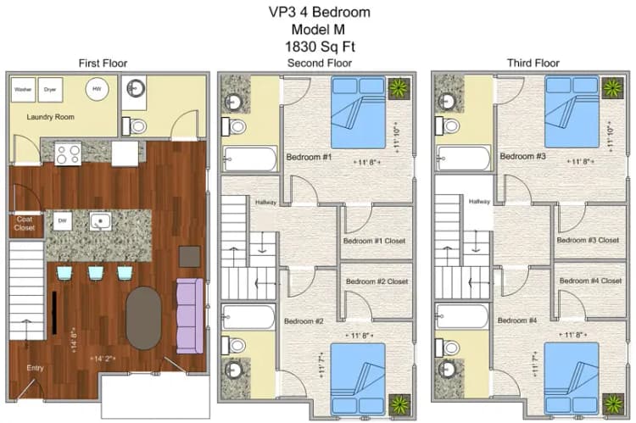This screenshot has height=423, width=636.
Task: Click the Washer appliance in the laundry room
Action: point(23,89)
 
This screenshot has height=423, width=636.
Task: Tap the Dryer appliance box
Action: point(50,89)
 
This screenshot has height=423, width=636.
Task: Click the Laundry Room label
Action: point(47,118)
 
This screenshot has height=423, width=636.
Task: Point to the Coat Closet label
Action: point(25,224)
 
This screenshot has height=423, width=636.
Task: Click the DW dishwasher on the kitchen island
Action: point(62,221)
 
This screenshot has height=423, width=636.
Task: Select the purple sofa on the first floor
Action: point(189,316)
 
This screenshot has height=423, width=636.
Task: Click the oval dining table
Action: point(143,318)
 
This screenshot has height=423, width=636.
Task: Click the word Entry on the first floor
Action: point(35,368)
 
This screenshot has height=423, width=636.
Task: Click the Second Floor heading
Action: point(320,64)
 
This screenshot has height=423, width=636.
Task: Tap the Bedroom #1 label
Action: point(308,158)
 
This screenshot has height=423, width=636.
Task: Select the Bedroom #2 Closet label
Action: point(376,281)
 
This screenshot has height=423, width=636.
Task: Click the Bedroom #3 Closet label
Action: point(588,241)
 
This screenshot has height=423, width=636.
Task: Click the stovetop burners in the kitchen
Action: point(68,153)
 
